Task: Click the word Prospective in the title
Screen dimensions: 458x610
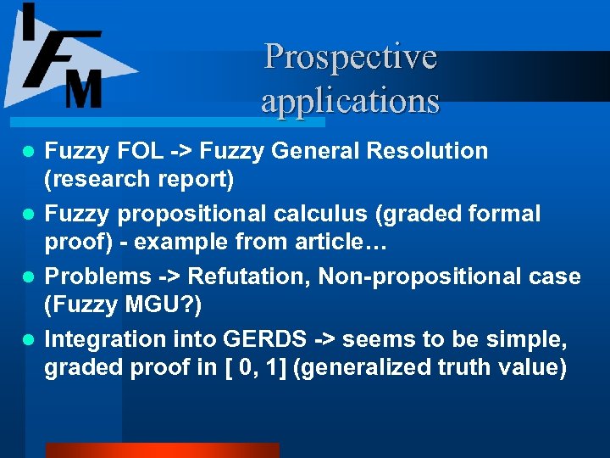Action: point(350,58)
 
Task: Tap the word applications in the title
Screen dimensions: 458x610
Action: point(350,101)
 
